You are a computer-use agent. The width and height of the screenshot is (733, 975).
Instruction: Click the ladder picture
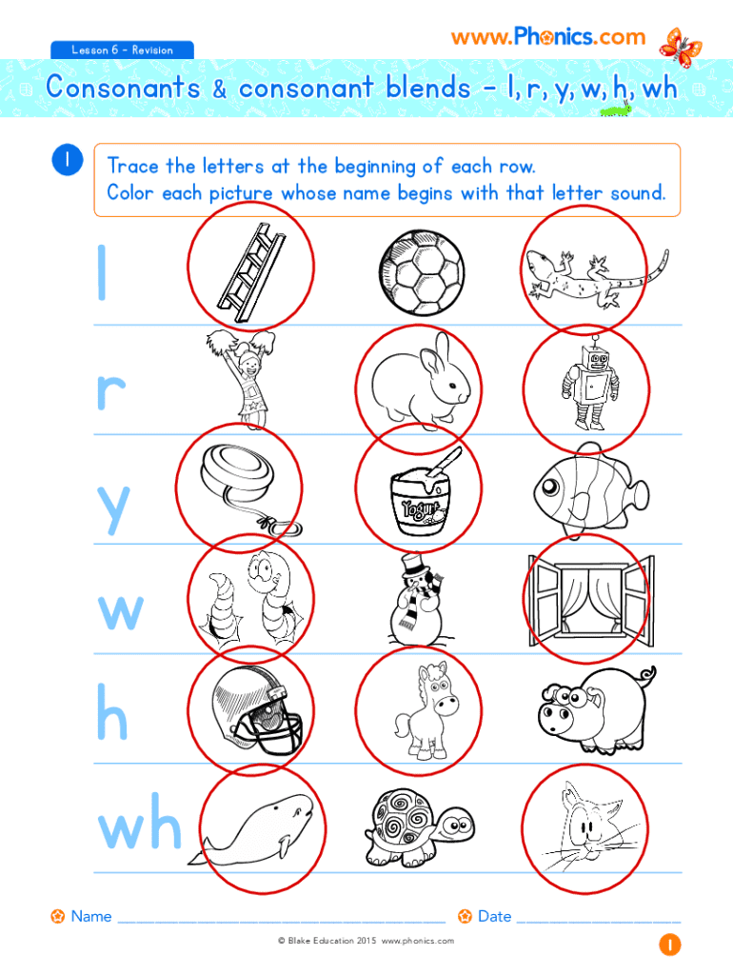pos(251,272)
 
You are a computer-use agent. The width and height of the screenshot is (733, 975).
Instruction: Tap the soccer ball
pos(422,272)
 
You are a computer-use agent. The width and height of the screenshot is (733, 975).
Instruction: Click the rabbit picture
pos(422,382)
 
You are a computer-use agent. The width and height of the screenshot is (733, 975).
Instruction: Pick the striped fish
pos(590,490)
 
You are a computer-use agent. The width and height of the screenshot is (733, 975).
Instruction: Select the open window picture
pos(590,600)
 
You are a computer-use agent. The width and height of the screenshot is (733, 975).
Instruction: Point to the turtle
pos(420,827)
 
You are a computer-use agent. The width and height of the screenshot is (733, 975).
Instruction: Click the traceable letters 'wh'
pos(140,822)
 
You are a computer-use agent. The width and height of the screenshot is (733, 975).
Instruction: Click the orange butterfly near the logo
pos(681,48)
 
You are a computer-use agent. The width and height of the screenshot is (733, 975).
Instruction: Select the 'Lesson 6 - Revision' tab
pos(122,50)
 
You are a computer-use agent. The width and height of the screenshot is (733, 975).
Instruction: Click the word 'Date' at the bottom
pos(494,916)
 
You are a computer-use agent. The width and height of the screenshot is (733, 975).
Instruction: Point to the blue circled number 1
pos(68,159)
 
